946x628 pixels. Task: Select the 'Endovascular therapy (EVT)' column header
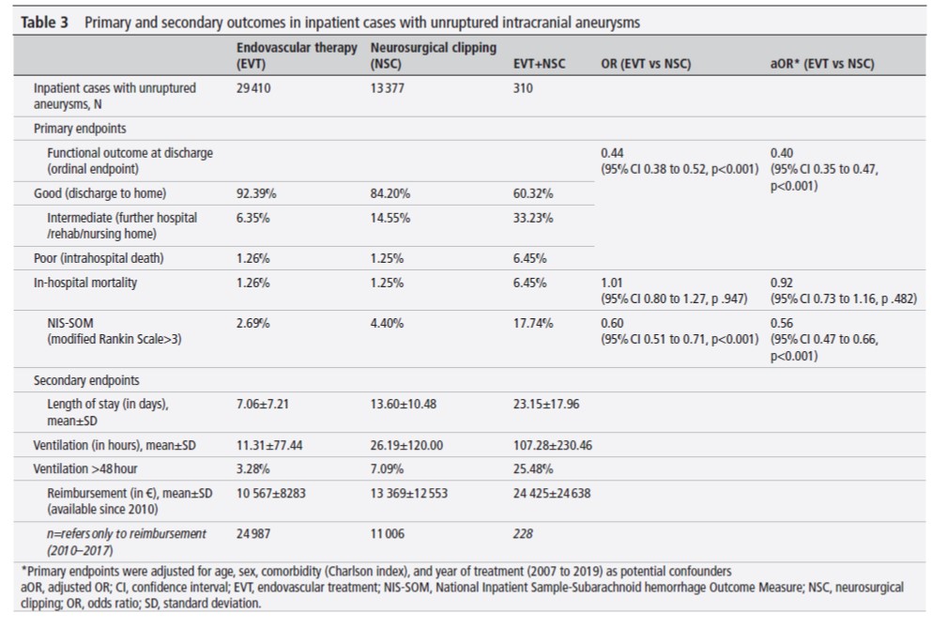pos(297,55)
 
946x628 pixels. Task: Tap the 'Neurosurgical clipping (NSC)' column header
pos(434,55)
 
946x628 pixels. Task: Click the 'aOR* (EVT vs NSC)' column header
pos(821,64)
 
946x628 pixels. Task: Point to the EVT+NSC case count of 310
pos(524,87)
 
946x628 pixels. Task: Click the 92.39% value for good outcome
pos(258,192)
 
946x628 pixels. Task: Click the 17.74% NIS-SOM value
pos(532,323)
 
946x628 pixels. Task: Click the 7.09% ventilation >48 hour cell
pos(388,467)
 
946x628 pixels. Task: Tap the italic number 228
pos(524,533)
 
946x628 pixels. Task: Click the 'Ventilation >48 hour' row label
pos(87,467)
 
